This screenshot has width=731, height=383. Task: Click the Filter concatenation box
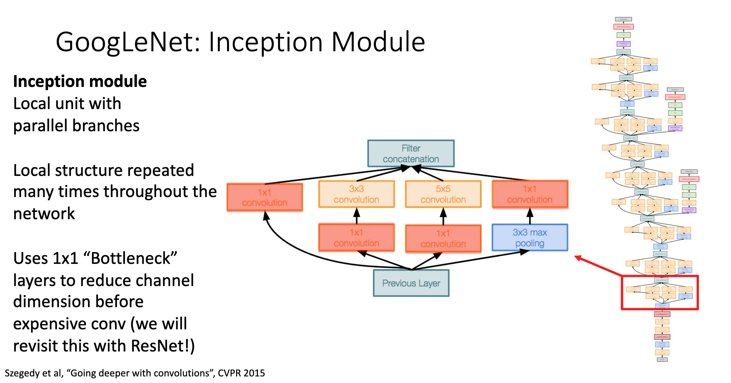[411, 153]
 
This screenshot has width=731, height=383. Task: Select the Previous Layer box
[411, 283]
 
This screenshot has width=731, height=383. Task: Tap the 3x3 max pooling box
[530, 238]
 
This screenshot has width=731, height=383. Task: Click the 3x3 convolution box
[357, 194]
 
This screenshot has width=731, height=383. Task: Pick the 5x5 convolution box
[443, 194]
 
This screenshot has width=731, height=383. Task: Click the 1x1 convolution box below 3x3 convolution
[357, 238]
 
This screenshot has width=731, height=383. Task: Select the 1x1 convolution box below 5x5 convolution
[443, 239]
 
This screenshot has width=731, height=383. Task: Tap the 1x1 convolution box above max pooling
[530, 194]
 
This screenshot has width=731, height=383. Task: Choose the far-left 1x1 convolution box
[265, 197]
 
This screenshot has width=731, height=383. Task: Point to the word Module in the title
[378, 42]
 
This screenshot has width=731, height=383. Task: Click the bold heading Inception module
[80, 82]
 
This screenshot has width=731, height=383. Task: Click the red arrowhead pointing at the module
[578, 258]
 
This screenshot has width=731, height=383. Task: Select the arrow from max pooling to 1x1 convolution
[530, 216]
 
